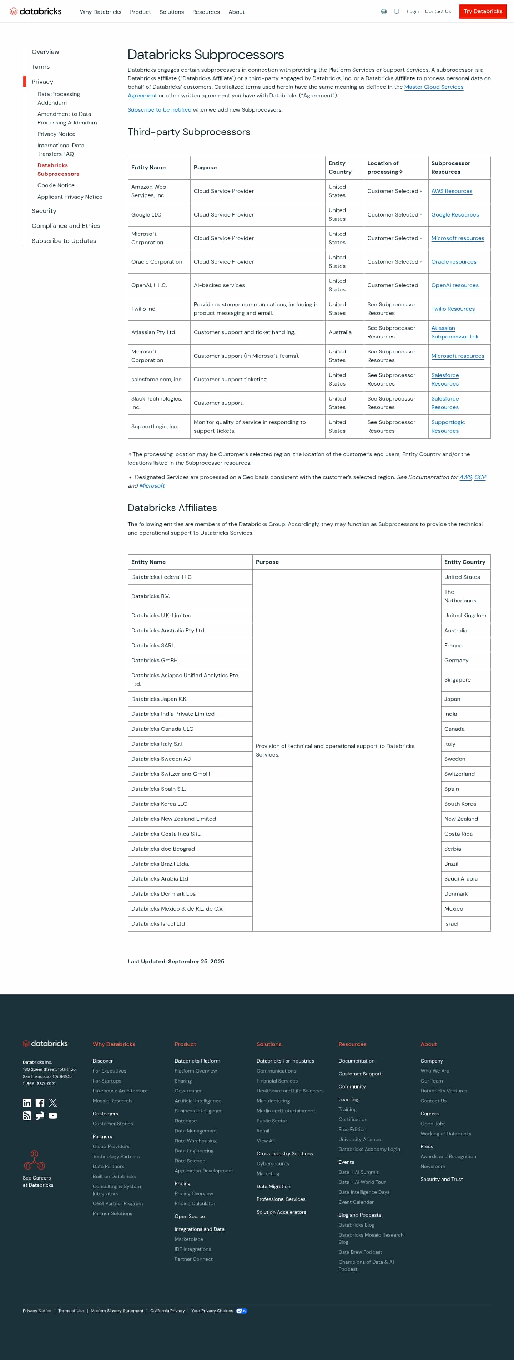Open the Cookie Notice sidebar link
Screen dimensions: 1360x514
click(56, 185)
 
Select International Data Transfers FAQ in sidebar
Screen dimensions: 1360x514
click(60, 149)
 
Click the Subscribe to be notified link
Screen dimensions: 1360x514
click(160, 110)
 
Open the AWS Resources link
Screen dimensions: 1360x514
click(452, 191)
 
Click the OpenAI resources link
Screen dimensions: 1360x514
click(455, 285)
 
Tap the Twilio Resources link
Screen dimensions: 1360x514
click(453, 309)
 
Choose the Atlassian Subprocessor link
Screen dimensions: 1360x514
click(454, 332)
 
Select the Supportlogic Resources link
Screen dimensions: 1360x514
click(448, 427)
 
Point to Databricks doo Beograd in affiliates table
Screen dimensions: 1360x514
click(163, 849)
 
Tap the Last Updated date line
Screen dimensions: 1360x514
click(176, 961)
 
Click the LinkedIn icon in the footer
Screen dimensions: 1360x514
click(27, 1103)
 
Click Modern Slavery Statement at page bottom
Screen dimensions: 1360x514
click(117, 1311)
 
